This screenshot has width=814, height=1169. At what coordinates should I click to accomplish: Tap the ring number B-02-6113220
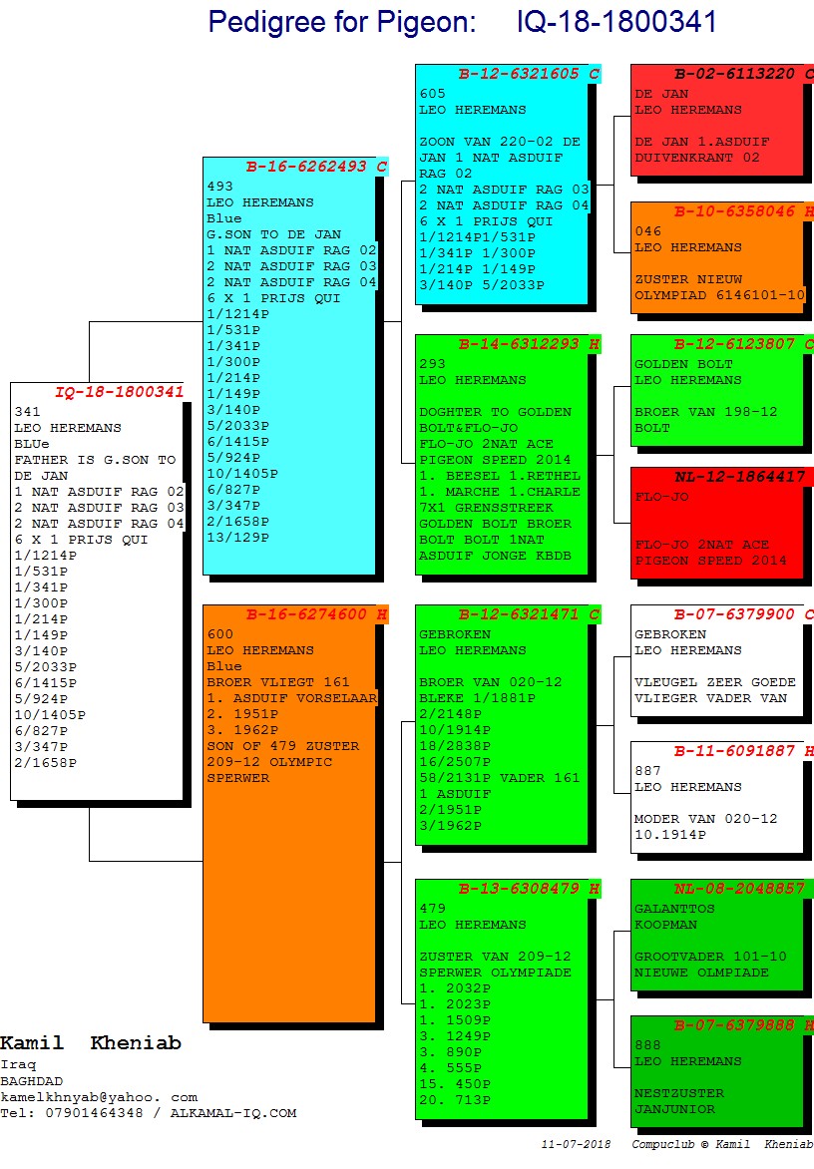[x=734, y=74]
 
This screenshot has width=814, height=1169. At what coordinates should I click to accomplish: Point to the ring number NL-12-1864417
[x=739, y=477]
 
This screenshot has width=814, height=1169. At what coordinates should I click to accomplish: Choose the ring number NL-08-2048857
[x=739, y=889]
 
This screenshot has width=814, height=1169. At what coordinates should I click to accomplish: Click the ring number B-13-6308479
[x=521, y=889]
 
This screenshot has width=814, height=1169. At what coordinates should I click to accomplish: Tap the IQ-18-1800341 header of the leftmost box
[x=119, y=392]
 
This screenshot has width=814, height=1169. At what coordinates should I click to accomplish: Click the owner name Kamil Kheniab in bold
[x=91, y=1043]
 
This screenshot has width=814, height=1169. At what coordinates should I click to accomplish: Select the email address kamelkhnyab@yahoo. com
[x=99, y=1097]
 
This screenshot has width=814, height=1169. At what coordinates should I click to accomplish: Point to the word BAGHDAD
[x=31, y=1081]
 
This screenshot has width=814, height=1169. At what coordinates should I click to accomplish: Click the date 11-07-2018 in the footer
[x=576, y=1144]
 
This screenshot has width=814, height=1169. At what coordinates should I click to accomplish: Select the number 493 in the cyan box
[x=219, y=187]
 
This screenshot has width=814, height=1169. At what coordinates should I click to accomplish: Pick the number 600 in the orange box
[x=219, y=634]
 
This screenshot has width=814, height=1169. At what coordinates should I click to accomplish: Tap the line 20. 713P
[x=455, y=1100]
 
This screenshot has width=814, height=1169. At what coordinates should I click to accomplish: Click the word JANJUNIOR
[x=674, y=1109]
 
